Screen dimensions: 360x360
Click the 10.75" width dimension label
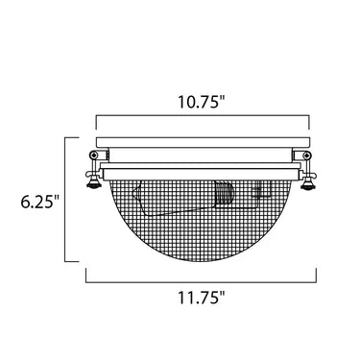(x=202, y=102)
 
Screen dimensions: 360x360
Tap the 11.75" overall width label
(x=202, y=298)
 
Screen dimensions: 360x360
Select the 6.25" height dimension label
(x=40, y=202)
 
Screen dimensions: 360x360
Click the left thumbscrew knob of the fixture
(x=92, y=185)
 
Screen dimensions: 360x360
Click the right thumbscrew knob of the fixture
(x=307, y=185)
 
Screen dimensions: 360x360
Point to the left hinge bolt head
(x=93, y=155)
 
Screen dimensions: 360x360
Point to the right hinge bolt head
(x=307, y=155)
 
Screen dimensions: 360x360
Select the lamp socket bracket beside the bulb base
(x=263, y=190)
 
